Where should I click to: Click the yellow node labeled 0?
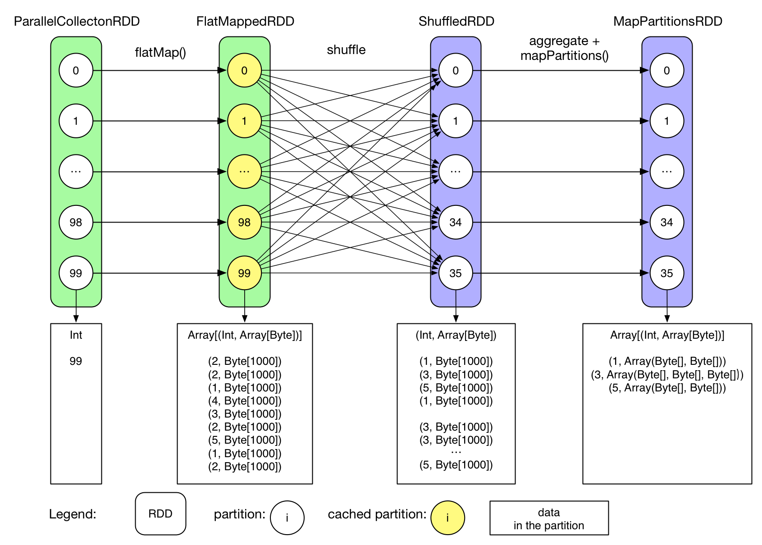(244, 70)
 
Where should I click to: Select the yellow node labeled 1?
(244, 121)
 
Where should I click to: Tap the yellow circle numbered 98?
(244, 222)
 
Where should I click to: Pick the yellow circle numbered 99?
(244, 273)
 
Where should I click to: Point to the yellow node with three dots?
(244, 172)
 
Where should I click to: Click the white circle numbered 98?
(76, 222)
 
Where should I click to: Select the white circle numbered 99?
(76, 273)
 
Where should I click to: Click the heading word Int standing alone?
(76, 335)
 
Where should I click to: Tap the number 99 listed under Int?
(76, 361)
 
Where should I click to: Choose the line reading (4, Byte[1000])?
(245, 401)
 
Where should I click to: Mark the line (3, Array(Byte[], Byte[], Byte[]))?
(667, 375)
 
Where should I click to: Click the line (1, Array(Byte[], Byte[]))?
(667, 361)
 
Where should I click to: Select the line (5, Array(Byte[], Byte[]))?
(667, 388)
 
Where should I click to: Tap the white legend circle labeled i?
(287, 518)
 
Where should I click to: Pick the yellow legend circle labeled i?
(447, 518)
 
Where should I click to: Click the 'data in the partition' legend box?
(549, 518)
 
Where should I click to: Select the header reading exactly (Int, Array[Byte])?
(456, 335)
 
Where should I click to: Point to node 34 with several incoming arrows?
(456, 222)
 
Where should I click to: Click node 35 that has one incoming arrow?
(666, 273)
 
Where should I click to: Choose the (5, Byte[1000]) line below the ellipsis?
(456, 465)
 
